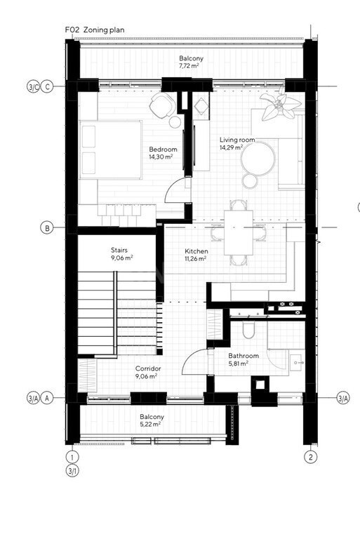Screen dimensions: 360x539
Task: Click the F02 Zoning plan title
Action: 95,30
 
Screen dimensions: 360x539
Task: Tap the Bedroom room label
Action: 163,149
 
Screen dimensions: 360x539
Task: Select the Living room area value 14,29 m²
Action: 232,147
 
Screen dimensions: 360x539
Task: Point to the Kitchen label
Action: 196,251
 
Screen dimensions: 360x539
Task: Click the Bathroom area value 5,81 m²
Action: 239,364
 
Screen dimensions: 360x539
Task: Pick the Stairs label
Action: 119,250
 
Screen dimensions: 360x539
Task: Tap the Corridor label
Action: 148,368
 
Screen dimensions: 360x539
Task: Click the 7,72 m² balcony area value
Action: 189,66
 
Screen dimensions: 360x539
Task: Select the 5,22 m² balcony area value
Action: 150,424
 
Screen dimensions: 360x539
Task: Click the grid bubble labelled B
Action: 47,227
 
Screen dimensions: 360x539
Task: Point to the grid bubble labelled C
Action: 47,86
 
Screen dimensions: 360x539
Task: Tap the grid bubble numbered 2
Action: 311,457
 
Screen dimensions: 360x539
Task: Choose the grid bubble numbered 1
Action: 72,457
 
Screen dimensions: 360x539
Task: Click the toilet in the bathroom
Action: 248,329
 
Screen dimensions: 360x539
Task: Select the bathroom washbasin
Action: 297,362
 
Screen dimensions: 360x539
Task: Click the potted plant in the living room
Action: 280,106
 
